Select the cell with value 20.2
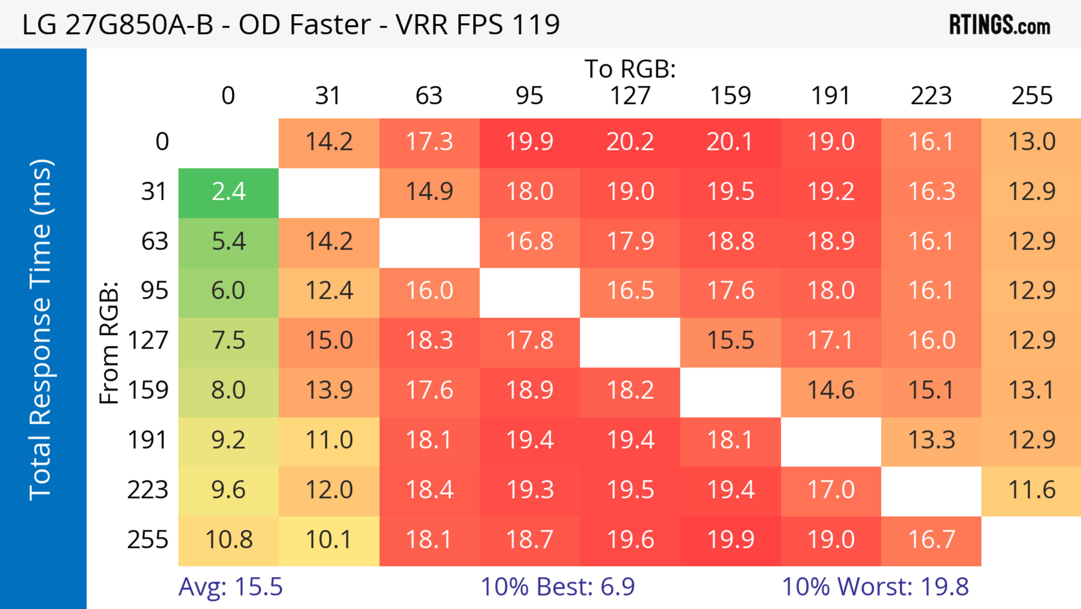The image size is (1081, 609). [630, 142]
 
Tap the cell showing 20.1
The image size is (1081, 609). [730, 142]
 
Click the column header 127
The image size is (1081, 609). [630, 96]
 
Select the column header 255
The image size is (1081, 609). [1031, 96]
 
